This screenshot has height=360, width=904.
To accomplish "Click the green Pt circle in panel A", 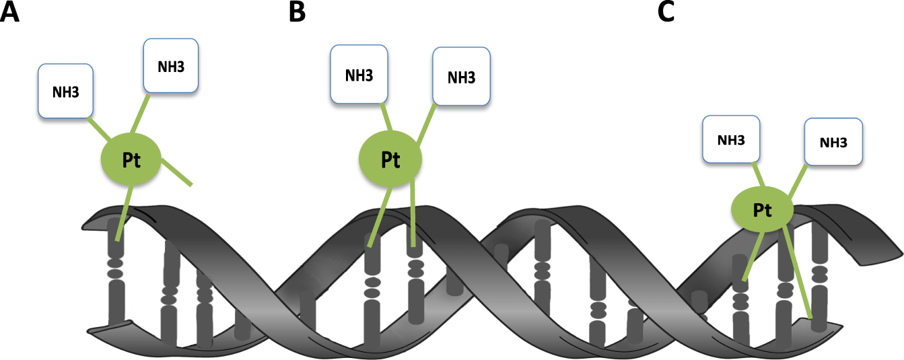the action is point(131,159).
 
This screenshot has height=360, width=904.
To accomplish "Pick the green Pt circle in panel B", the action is point(390,159).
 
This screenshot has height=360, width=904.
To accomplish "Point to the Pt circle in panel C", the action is point(763,209).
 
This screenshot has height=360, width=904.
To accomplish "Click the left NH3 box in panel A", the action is point(66,92).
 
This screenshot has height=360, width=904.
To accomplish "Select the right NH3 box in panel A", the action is point(171,66).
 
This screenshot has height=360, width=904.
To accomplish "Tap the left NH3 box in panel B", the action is point(359,75).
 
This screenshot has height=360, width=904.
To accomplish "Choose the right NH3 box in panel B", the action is point(461,77).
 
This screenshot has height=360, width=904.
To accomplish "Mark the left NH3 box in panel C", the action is point(731,140).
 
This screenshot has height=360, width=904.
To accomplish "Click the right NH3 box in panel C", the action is point(833,142).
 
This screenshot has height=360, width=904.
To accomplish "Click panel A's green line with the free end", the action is point(176,172).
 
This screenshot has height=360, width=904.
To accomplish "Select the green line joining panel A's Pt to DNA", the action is point(124,213).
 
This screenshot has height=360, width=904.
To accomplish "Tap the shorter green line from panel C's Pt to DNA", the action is point(753,256).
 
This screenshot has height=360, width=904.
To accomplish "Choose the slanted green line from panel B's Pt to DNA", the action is point(380,217).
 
